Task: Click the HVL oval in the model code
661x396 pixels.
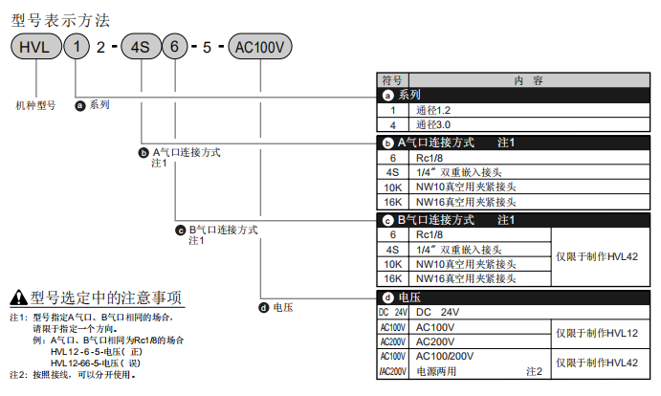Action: [x=36, y=46]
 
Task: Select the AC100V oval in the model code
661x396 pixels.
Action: [x=259, y=46]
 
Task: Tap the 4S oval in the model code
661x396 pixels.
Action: [x=141, y=46]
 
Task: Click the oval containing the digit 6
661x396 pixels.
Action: [x=174, y=46]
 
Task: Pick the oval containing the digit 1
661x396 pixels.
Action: [x=77, y=46]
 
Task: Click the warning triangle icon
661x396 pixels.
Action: [x=18, y=297]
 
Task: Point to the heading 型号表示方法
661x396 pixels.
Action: [x=60, y=21]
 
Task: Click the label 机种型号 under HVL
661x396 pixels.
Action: [x=35, y=105]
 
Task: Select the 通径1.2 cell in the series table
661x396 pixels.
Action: [x=529, y=111]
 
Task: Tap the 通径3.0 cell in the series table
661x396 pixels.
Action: [x=529, y=125]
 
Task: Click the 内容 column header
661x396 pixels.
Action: [x=529, y=80]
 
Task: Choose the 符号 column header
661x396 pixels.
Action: [x=392, y=80]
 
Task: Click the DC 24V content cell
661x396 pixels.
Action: [x=529, y=312]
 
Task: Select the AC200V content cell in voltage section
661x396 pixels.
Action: [x=480, y=341]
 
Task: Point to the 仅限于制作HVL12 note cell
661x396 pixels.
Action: [x=601, y=334]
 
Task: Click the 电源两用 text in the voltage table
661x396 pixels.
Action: [x=436, y=371]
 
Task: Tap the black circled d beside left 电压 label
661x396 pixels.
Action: [x=264, y=308]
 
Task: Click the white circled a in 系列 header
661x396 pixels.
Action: [x=387, y=96]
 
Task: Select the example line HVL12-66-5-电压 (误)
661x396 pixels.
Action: [x=96, y=363]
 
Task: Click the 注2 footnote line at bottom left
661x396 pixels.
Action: [x=72, y=375]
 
